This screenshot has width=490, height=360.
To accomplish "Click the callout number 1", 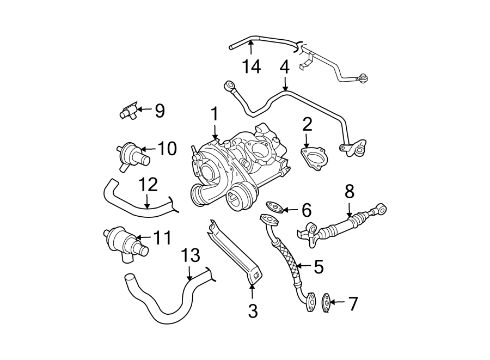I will [215, 114].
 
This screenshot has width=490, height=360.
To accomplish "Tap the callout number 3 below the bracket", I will [252, 311].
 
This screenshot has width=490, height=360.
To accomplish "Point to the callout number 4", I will [284, 67].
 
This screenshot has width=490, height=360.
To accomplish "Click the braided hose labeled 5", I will [287, 260].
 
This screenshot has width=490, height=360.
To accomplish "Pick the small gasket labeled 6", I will [274, 207].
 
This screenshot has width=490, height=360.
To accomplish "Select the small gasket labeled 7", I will [326, 301].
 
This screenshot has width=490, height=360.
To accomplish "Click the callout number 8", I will [349, 191].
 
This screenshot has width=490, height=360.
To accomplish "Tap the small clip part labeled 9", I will [128, 112].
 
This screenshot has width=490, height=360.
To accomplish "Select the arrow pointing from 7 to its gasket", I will [338, 301].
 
